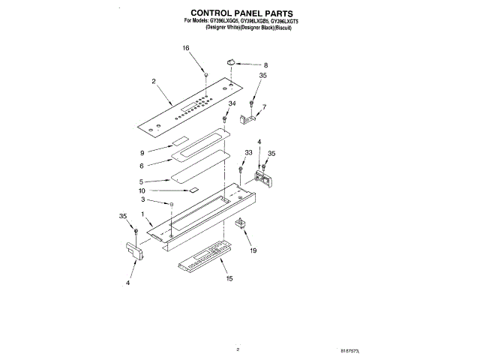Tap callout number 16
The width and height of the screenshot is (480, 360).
[186, 48]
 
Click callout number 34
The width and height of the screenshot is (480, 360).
[232, 103]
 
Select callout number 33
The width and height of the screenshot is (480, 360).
[248, 153]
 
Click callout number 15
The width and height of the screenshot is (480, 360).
[229, 278]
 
